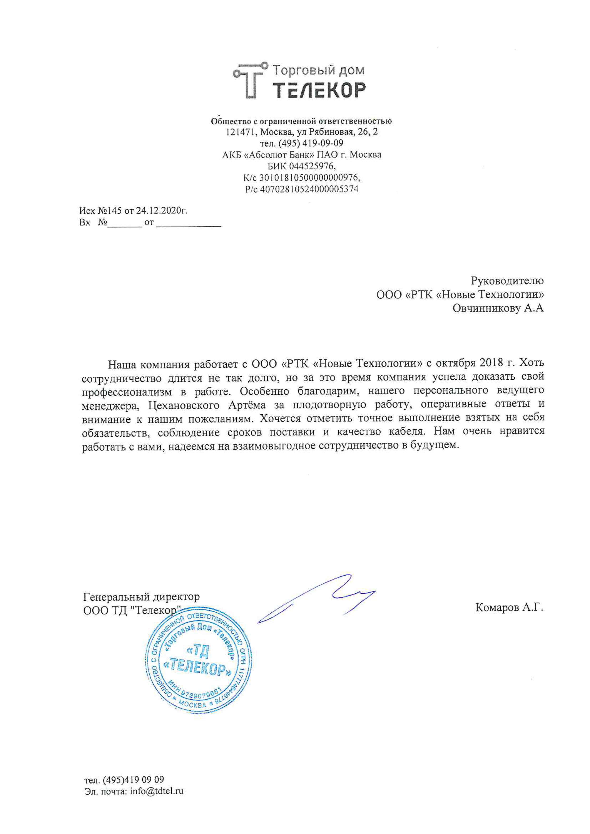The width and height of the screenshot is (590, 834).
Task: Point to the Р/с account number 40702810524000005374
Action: (309, 189)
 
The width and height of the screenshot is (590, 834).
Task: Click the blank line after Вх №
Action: (124, 223)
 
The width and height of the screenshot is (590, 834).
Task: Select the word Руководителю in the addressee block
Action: (507, 281)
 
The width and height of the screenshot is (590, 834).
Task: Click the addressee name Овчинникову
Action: (486, 308)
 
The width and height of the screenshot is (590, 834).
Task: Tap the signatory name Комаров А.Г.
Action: (509, 607)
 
